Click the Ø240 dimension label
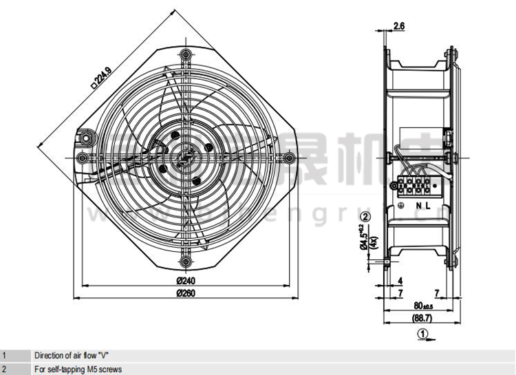coord(186,281)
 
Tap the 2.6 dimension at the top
coord(399,27)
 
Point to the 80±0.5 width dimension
coord(422,305)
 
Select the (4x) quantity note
coord(374,241)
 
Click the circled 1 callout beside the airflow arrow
coord(424,335)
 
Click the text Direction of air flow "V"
coord(72,356)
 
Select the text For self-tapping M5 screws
coord(78,369)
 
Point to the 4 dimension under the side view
coord(399,281)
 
